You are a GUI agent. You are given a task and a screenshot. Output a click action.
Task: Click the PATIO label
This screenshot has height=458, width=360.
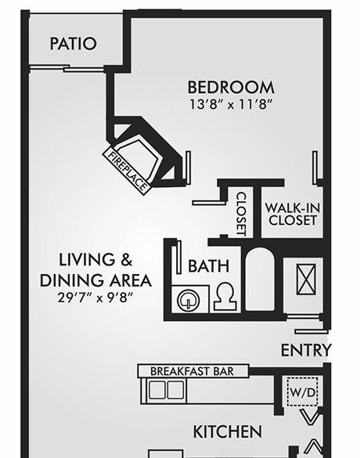pos(73,44)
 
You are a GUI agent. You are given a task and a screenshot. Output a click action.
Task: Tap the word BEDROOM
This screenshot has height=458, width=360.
pos(231,88)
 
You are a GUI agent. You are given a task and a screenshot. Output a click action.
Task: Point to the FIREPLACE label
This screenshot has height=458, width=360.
pos(128,171)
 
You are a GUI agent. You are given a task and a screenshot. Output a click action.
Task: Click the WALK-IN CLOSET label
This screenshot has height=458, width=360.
pos(292,215)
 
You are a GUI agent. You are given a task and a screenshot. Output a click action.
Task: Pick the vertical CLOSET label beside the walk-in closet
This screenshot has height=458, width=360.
pos(242,214)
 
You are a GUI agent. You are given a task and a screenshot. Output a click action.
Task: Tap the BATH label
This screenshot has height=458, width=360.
pos(208,266)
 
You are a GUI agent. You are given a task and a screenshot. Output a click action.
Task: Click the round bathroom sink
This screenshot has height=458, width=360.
pos(189,301)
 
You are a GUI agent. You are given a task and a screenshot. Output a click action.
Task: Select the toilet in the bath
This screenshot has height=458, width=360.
pos(225,297)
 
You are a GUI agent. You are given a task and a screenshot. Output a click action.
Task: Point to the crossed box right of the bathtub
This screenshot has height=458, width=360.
pos(306,279)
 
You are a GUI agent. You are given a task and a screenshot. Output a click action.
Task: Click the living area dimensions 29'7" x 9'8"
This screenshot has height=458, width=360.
pos(95,298)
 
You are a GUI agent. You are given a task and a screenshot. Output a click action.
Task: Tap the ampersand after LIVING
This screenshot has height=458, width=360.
pos(127,260)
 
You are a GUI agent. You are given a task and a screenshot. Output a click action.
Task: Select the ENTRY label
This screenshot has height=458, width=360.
pos(306,350)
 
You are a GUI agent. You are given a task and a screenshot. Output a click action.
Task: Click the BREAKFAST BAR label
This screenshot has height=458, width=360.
pos(192,371)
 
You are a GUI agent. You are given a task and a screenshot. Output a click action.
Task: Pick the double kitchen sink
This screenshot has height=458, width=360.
pos(167,390)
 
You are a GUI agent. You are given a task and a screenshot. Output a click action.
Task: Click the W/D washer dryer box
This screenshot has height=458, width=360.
pos(303,391)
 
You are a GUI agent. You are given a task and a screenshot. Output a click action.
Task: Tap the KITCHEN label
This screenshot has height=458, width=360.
pos(228,431)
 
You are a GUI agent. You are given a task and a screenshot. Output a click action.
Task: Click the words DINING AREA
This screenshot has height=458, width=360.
pos(95,280)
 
